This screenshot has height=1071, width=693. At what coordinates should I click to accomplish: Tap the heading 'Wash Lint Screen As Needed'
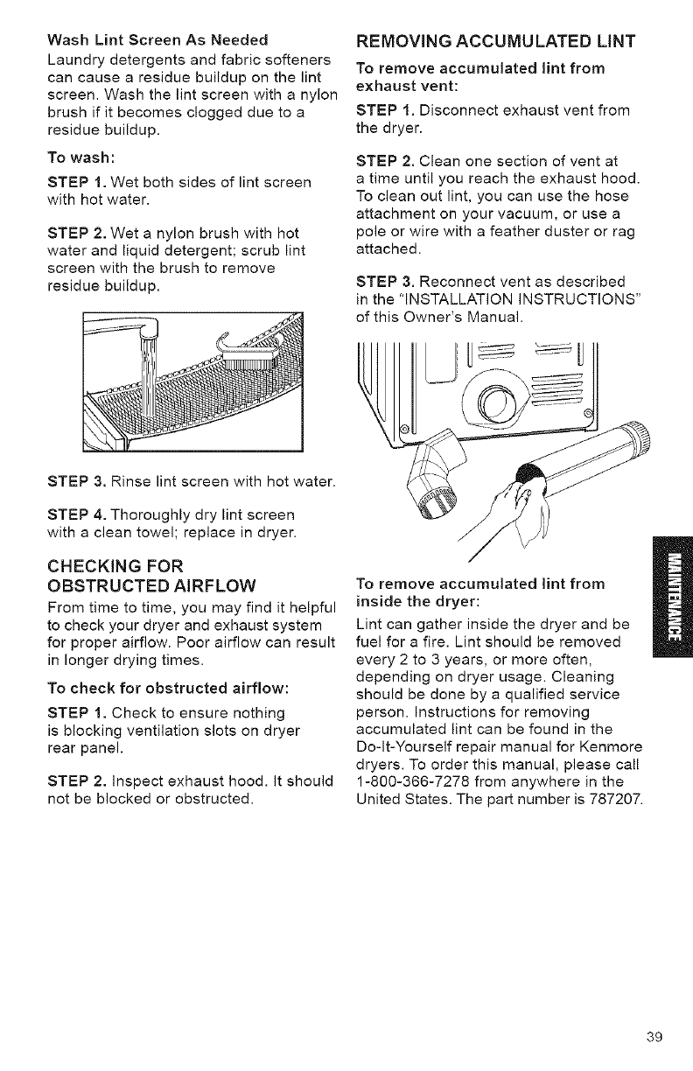click(x=157, y=39)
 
